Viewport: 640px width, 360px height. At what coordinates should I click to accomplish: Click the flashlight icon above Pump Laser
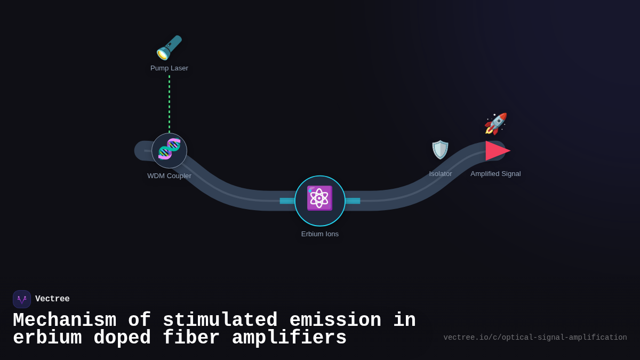tap(169, 48)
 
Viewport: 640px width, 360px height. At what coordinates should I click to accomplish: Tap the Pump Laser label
tap(169, 68)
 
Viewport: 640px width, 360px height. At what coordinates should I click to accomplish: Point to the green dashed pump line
tap(170, 104)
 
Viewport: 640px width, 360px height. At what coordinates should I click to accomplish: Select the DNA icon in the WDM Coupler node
tap(169, 149)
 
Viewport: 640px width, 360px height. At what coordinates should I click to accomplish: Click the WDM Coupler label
tap(169, 176)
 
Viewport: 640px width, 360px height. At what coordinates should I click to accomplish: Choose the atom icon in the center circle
tap(319, 198)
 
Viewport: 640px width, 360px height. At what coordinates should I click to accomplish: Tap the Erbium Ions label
tap(320, 234)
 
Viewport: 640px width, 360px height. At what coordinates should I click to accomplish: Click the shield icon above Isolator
tap(440, 150)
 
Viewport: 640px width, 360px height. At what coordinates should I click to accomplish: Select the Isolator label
tap(441, 174)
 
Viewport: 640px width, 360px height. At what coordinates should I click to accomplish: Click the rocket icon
tap(495, 124)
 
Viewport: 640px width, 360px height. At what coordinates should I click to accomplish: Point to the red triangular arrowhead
tap(497, 151)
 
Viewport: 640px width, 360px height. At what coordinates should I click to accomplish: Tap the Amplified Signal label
tap(495, 174)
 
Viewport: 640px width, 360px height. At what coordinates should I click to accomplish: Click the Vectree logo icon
tap(22, 299)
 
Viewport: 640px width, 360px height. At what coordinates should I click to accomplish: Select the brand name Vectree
tap(52, 299)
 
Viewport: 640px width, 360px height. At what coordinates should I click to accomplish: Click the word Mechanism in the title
tap(65, 321)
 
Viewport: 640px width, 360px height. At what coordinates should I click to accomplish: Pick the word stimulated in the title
tap(220, 321)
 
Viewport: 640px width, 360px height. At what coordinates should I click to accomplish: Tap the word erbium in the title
tap(47, 338)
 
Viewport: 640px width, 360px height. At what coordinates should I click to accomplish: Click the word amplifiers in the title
tap(289, 338)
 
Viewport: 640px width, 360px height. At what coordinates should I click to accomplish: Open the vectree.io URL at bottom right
tap(535, 338)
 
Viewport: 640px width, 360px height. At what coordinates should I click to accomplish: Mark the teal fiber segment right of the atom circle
tap(353, 201)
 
